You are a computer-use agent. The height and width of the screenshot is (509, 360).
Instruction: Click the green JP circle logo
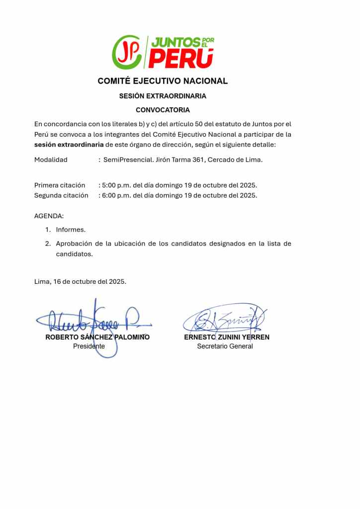pyautogui.click(x=127, y=52)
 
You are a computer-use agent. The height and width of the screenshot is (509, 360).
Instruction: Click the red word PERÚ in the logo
pyautogui.click(x=181, y=59)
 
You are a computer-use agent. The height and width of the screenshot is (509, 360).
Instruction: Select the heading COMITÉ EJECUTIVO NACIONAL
pyautogui.click(x=163, y=81)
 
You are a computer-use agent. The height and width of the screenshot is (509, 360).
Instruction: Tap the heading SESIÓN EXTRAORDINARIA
pyautogui.click(x=163, y=96)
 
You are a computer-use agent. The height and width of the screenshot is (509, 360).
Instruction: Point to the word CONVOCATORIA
pyautogui.click(x=163, y=110)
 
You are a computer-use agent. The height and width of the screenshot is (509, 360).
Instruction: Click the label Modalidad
pyautogui.click(x=51, y=160)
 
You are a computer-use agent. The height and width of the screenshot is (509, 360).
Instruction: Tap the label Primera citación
pyautogui.click(x=60, y=185)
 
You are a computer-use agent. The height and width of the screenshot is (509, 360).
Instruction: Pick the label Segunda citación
pyautogui.click(x=61, y=195)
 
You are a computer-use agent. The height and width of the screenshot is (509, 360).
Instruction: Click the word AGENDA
pyautogui.click(x=49, y=216)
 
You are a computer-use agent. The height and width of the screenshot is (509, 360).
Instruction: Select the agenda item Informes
pyautogui.click(x=71, y=230)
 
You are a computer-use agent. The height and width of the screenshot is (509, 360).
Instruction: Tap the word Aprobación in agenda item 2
pyautogui.click(x=75, y=244)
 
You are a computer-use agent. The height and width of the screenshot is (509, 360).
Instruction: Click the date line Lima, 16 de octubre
pyautogui.click(x=80, y=281)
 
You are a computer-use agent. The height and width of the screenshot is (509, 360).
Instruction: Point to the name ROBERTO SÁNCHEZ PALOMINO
pyautogui.click(x=97, y=337)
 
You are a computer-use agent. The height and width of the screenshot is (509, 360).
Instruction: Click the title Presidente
pyautogui.click(x=89, y=346)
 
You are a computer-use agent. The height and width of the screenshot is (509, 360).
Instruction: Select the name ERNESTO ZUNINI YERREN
pyautogui.click(x=227, y=337)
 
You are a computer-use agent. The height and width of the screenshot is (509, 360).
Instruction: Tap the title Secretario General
pyautogui.click(x=225, y=346)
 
